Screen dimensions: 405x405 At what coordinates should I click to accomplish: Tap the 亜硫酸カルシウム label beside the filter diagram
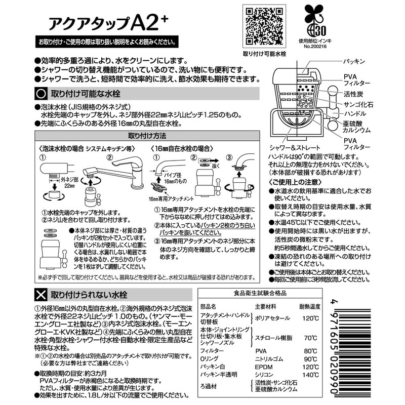[x=356, y=126]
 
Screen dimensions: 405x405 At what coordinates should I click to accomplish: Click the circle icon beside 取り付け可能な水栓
[x=40, y=94]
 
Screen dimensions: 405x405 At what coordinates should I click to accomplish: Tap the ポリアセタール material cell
[x=272, y=317]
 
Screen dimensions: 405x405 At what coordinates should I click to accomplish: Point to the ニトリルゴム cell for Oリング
[x=270, y=358]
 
